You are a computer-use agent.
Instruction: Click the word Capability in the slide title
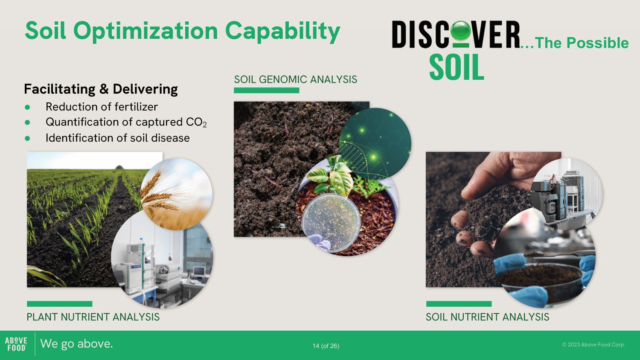point(282,32)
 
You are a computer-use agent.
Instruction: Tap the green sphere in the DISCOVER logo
point(460,31)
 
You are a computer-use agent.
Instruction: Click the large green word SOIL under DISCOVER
point(457,67)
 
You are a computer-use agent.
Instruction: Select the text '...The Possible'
point(574,43)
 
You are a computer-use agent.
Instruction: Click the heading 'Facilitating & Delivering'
point(101,89)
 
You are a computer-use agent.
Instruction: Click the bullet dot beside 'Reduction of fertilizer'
point(27,107)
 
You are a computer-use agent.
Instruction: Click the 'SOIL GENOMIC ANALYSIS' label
point(295,79)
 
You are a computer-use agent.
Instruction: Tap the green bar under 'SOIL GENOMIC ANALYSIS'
point(267,90)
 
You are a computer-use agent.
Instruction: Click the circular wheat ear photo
point(176,194)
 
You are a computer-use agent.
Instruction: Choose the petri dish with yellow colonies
point(331,223)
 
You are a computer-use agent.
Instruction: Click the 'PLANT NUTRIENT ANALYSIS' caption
point(93,317)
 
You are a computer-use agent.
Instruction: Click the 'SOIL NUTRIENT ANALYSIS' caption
point(487,317)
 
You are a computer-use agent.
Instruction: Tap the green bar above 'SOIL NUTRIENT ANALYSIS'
point(459,304)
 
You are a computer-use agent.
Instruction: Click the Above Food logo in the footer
point(16,344)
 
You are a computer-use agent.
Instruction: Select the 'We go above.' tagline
point(76,344)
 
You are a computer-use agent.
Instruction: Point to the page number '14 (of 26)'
point(326,346)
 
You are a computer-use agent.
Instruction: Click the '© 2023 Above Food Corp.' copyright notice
point(593,345)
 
